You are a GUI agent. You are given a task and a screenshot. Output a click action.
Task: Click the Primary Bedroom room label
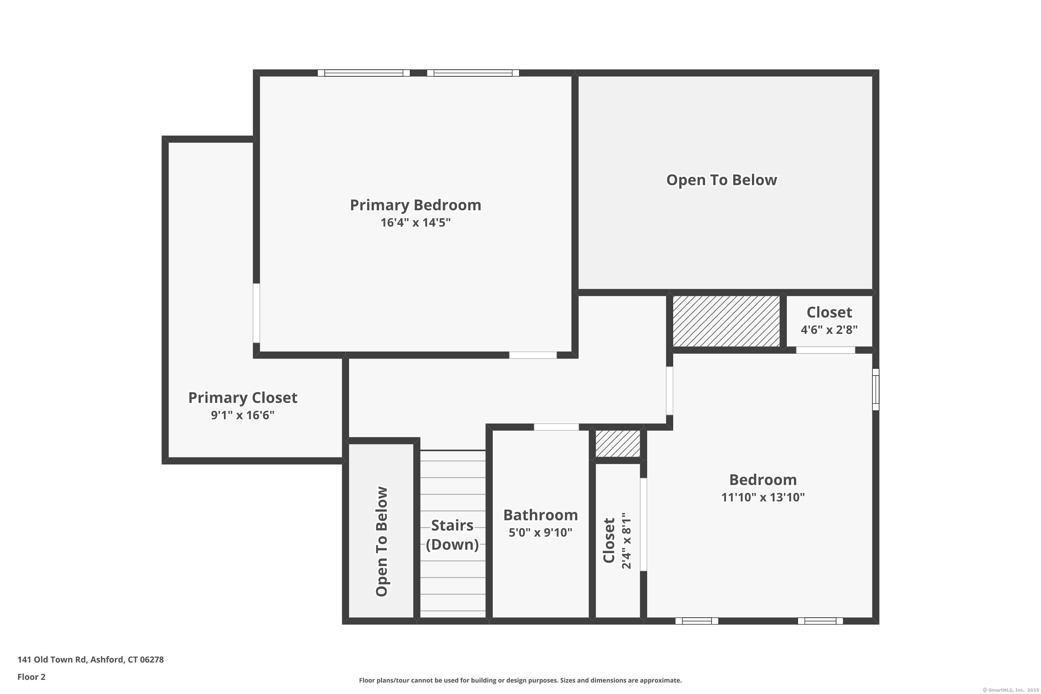tap(415, 205)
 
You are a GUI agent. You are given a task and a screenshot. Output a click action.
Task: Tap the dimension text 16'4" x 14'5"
tap(415, 222)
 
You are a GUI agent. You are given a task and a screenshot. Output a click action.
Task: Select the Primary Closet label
tap(243, 397)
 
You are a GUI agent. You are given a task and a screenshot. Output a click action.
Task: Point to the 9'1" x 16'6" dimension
tap(243, 415)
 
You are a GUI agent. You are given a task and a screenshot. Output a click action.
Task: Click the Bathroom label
tap(540, 515)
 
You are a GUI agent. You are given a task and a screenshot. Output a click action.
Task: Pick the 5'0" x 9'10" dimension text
tap(540, 532)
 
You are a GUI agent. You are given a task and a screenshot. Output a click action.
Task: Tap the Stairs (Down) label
tap(452, 535)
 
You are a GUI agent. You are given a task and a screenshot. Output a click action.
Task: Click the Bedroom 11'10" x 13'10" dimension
tap(763, 497)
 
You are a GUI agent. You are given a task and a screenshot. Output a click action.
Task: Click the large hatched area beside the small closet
tap(726, 321)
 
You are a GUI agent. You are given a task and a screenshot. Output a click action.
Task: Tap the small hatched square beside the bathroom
tap(617, 443)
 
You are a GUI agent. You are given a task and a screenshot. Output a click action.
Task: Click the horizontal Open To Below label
tap(721, 180)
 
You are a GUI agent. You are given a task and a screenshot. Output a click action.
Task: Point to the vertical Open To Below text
tap(381, 541)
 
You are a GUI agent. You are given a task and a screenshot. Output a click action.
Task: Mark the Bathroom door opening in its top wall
tap(556, 427)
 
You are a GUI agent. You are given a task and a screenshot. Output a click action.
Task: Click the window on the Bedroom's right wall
tap(875, 389)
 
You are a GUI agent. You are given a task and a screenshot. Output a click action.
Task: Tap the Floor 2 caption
tap(32, 677)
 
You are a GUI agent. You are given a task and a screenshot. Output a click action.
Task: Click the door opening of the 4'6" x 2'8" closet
tap(826, 350)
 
